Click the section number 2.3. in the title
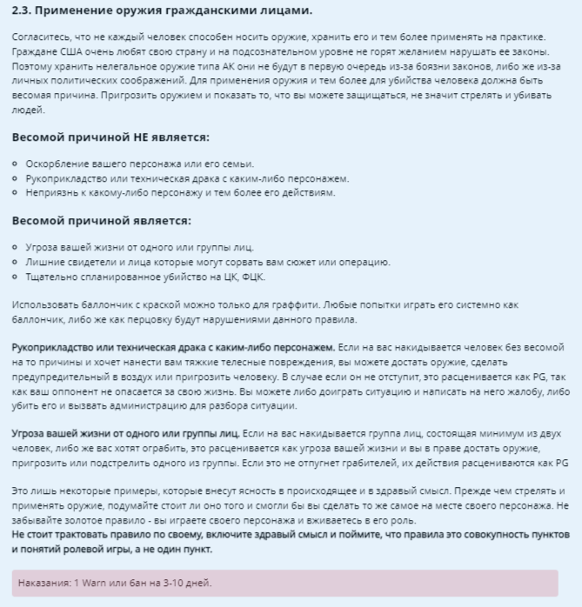[23, 11]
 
